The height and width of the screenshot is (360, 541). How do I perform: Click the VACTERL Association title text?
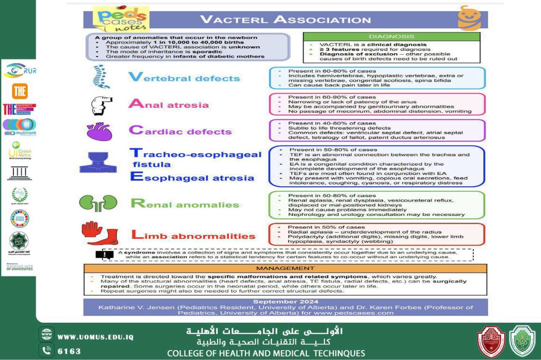point(285,19)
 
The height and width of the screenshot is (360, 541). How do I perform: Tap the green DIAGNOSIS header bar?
point(391,37)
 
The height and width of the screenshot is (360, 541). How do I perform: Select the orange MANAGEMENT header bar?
point(285,268)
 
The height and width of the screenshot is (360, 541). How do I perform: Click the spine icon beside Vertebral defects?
point(101,76)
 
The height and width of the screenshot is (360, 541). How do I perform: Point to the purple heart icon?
point(99,131)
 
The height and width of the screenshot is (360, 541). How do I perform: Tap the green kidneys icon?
point(98,203)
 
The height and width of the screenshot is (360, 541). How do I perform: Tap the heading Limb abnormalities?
point(194,235)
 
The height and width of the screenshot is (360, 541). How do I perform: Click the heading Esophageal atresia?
point(192,177)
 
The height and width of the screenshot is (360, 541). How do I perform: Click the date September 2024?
point(285,301)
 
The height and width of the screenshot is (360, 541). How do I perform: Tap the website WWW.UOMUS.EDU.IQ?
point(96,337)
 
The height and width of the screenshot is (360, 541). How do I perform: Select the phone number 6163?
point(69,351)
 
